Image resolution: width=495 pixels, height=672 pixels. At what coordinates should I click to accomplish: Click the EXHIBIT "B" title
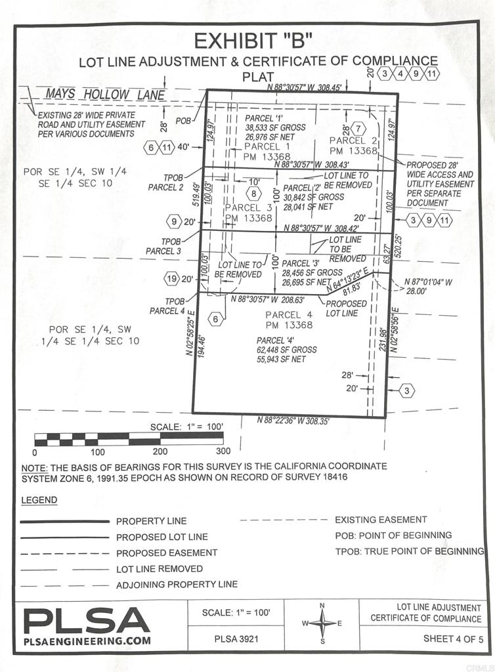(252, 41)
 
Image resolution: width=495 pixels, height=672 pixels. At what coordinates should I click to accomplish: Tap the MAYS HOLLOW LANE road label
(105, 95)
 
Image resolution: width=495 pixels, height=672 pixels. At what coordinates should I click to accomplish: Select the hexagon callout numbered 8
(254, 193)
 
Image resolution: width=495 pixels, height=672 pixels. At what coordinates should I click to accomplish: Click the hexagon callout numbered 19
(171, 279)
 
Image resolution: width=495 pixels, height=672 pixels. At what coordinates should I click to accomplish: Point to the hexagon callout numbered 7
(358, 128)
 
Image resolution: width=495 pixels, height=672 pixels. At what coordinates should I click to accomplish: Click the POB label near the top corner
(185, 121)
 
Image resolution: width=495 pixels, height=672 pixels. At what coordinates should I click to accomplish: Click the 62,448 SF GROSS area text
(286, 350)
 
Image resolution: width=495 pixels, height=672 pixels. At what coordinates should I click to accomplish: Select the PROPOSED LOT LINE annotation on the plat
(346, 308)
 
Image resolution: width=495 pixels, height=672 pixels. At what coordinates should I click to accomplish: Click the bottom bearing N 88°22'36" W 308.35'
(293, 421)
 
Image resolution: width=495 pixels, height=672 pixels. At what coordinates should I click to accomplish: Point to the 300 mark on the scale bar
(223, 451)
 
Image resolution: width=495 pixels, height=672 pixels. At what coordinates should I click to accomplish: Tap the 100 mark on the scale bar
(97, 451)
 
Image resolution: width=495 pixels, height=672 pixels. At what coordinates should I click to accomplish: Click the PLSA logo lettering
(87, 620)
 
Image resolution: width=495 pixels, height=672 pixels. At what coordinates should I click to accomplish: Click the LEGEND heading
(39, 500)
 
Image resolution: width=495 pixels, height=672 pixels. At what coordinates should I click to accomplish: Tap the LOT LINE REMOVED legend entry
(160, 569)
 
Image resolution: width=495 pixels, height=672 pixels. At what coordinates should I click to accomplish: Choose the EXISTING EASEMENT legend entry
(381, 519)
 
